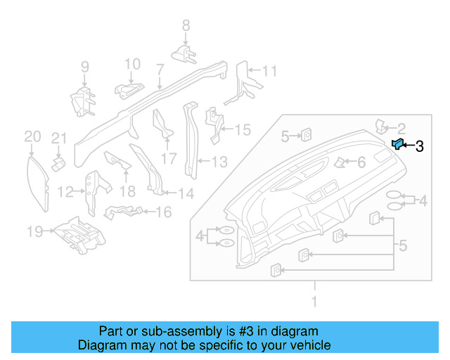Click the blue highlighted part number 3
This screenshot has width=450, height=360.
[x=397, y=145]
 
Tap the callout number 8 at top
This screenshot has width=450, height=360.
[x=186, y=26]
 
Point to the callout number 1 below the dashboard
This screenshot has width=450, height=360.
[x=315, y=302]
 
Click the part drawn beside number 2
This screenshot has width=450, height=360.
[x=381, y=126]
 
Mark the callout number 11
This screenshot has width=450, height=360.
[x=270, y=71]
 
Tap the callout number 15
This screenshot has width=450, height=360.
[x=242, y=130]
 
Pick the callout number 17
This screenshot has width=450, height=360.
[x=169, y=160]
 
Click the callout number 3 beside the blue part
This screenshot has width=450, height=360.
[x=419, y=146]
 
